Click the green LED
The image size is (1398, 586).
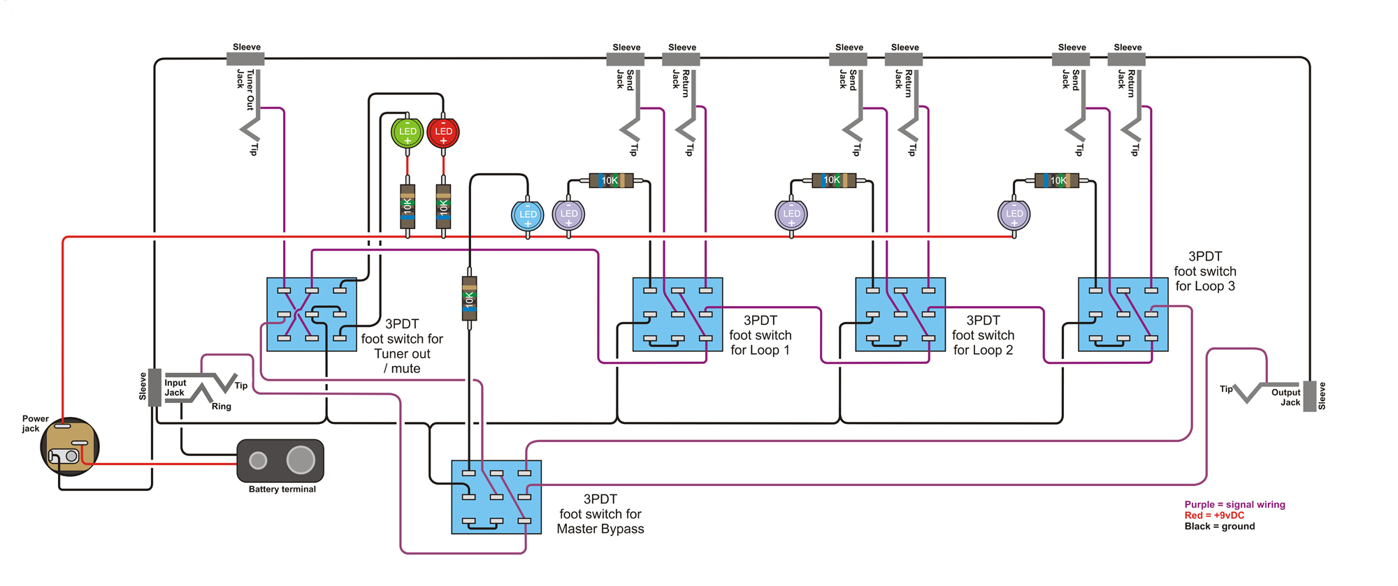pos(408,132)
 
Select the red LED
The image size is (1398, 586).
pos(443,132)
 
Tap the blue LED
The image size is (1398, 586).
pos(528,214)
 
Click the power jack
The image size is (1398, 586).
pos(70,447)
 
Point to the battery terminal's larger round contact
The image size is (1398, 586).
pos(301,460)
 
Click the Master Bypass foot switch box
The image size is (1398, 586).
pos(496,497)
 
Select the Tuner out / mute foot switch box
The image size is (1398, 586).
pos(312,314)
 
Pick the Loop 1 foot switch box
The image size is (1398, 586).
pos(677,314)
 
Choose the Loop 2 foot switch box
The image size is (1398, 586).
pos(900,314)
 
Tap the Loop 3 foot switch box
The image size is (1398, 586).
pos(1123,314)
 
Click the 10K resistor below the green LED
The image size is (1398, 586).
pos(408,207)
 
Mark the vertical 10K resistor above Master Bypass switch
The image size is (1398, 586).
pos(470,298)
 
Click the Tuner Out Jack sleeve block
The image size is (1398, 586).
pos(246,59)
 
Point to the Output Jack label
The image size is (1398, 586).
pos(1285,397)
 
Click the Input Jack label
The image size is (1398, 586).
pos(175,388)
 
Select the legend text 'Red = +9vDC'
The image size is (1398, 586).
pos(1214,515)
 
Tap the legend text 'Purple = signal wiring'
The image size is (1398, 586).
pos(1234,504)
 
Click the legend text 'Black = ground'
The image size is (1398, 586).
pos(1219,526)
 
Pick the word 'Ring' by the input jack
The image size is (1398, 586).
pos(222,406)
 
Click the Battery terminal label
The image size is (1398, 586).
pos(282,489)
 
